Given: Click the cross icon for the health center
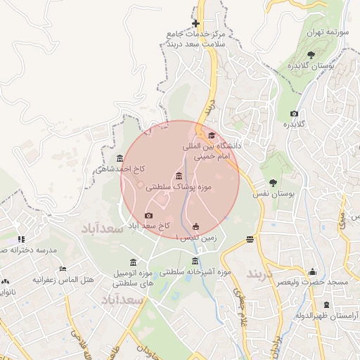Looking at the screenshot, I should pos(195,24).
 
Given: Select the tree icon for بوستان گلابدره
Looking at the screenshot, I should pos(311,54).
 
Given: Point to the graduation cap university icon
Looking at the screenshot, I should pos(212,135).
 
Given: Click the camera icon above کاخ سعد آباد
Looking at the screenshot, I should pos(148,216).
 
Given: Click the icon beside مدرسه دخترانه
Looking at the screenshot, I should pos(21,239).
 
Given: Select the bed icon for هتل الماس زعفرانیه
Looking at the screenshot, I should pos(63,269).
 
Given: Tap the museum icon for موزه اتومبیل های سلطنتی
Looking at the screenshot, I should pos(134,262).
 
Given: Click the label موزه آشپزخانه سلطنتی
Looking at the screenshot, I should pos(195,271).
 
